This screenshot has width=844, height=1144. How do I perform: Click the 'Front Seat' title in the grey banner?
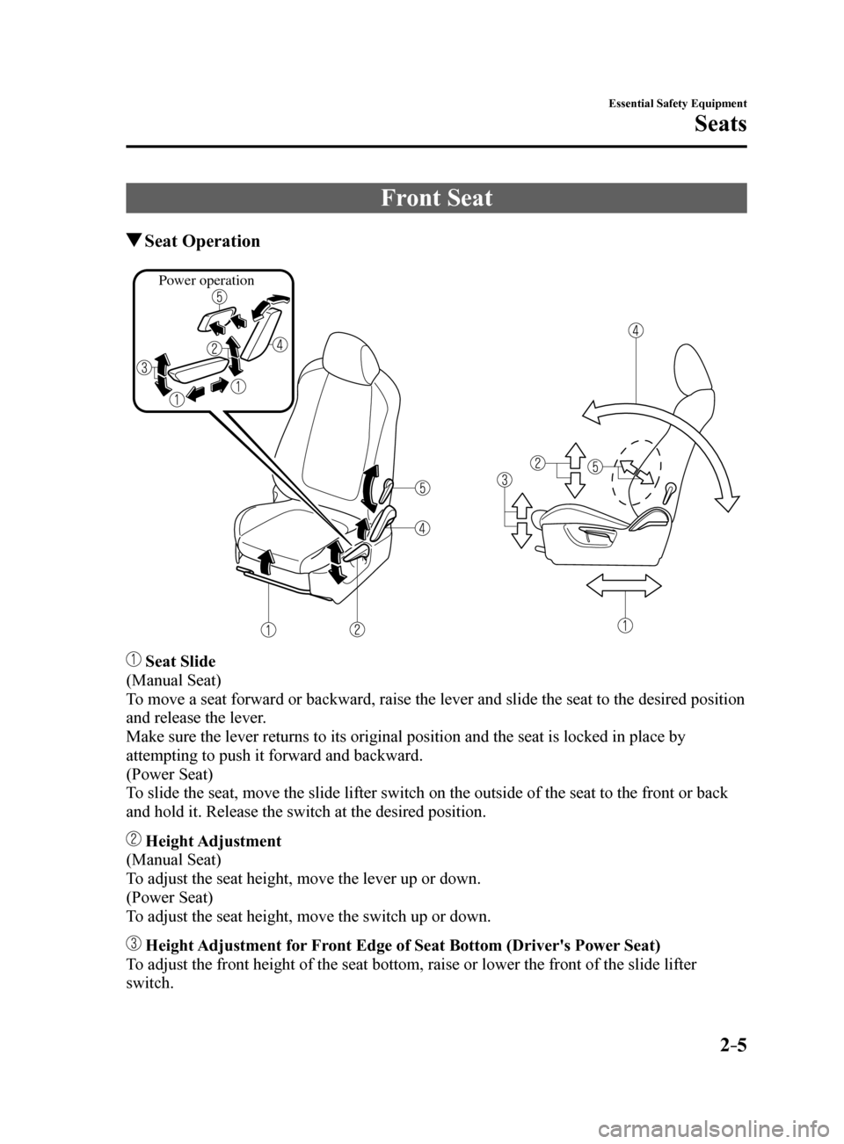[436, 198]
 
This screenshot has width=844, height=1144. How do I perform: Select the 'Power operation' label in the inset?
[206, 281]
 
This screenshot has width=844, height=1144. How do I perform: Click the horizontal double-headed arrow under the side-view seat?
[624, 585]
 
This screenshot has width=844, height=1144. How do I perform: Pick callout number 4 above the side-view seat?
[636, 330]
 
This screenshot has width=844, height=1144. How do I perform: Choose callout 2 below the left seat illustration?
[356, 629]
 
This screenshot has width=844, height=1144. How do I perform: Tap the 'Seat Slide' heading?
[179, 661]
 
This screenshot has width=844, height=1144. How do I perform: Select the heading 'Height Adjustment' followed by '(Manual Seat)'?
[213, 841]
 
